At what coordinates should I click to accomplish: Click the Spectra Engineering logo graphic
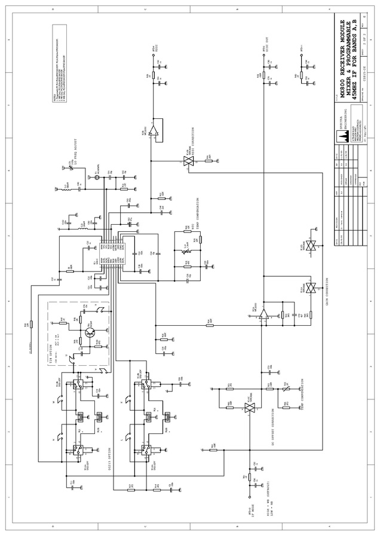click(x=344, y=136)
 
